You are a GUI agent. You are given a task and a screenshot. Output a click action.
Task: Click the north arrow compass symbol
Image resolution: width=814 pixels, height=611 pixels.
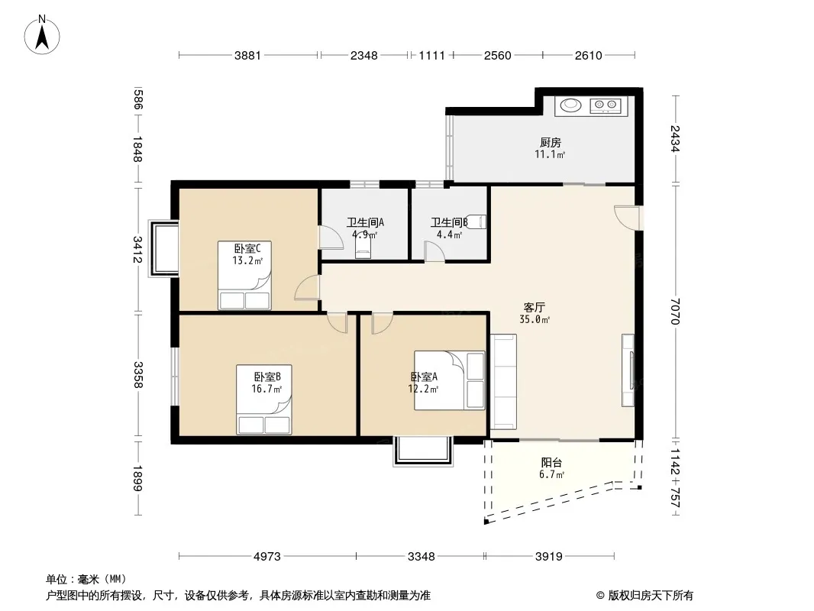pyautogui.click(x=42, y=35)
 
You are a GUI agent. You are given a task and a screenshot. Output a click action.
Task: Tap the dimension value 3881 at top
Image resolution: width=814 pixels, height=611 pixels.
pyautogui.click(x=247, y=55)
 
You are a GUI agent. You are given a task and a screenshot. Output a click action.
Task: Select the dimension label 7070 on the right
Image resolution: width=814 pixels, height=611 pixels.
pyautogui.click(x=674, y=310)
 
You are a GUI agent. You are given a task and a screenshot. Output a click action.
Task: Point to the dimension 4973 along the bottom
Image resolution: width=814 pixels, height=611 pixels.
pyautogui.click(x=266, y=557)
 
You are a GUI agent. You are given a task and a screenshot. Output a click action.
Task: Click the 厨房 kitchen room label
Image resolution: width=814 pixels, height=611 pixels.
pyautogui.click(x=551, y=142)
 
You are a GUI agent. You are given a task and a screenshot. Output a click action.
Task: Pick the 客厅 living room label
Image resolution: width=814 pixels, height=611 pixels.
pyautogui.click(x=535, y=307)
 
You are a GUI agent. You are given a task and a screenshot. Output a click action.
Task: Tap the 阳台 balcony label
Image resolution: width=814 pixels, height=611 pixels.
pyautogui.click(x=551, y=462)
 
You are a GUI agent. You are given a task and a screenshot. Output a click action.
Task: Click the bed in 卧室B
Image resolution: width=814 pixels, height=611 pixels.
pyautogui.click(x=264, y=399)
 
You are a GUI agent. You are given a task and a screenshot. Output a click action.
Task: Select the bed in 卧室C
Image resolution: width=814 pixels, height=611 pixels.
pyautogui.click(x=244, y=275)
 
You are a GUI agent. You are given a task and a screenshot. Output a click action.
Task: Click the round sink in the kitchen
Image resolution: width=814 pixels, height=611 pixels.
pyautogui.click(x=571, y=105)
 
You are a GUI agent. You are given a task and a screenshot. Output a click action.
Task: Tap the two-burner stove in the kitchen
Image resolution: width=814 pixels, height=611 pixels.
pyautogui.click(x=606, y=106)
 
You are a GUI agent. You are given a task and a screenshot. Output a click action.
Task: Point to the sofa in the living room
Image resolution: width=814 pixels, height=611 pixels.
pyautogui.click(x=503, y=382)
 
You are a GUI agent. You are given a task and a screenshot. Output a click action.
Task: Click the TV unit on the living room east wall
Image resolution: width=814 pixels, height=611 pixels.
pyautogui.click(x=628, y=370)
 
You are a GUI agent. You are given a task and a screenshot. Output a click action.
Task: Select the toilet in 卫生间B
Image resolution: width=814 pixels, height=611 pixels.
pyautogui.click(x=477, y=221)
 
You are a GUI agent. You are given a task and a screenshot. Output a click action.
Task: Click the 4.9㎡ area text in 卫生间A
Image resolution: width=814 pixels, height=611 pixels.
pyautogui.click(x=365, y=234)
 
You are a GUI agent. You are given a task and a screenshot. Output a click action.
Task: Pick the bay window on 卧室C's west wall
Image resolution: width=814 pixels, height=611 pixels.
pyautogui.click(x=163, y=249)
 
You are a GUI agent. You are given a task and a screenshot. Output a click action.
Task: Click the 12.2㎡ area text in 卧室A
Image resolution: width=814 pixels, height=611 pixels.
pyautogui.click(x=423, y=388)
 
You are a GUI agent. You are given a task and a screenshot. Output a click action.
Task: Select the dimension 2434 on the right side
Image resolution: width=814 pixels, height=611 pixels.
pyautogui.click(x=674, y=138)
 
